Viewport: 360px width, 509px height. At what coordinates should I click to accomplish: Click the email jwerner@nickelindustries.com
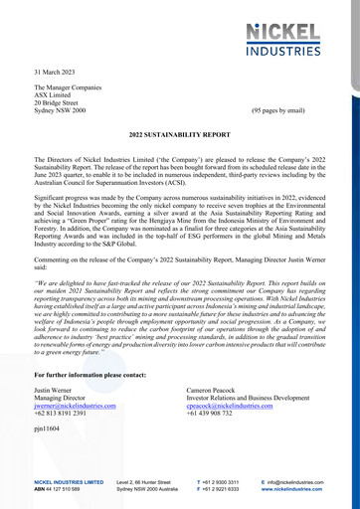coord(75,407)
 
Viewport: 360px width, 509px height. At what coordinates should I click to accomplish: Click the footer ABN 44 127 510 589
coord(62,489)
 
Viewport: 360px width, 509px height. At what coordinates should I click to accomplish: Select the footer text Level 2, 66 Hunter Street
coord(153,481)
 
